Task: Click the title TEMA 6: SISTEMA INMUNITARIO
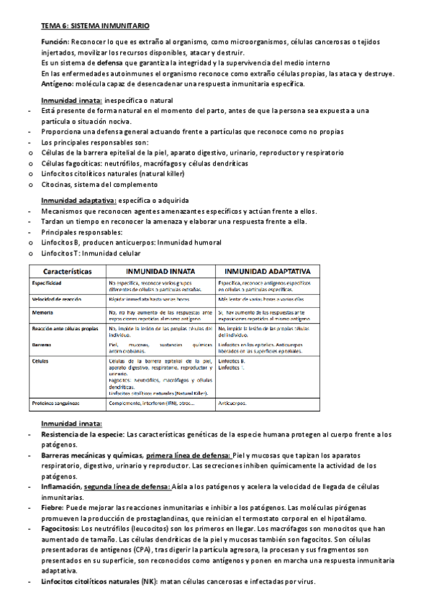pos(95,26)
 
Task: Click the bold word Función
pos(55,43)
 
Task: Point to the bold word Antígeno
pos(56,83)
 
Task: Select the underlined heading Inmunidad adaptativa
pos(78,200)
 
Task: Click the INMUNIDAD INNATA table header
pos(160,273)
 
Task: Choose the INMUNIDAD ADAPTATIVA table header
pos(268,273)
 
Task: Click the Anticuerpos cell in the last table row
pos(232,404)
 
